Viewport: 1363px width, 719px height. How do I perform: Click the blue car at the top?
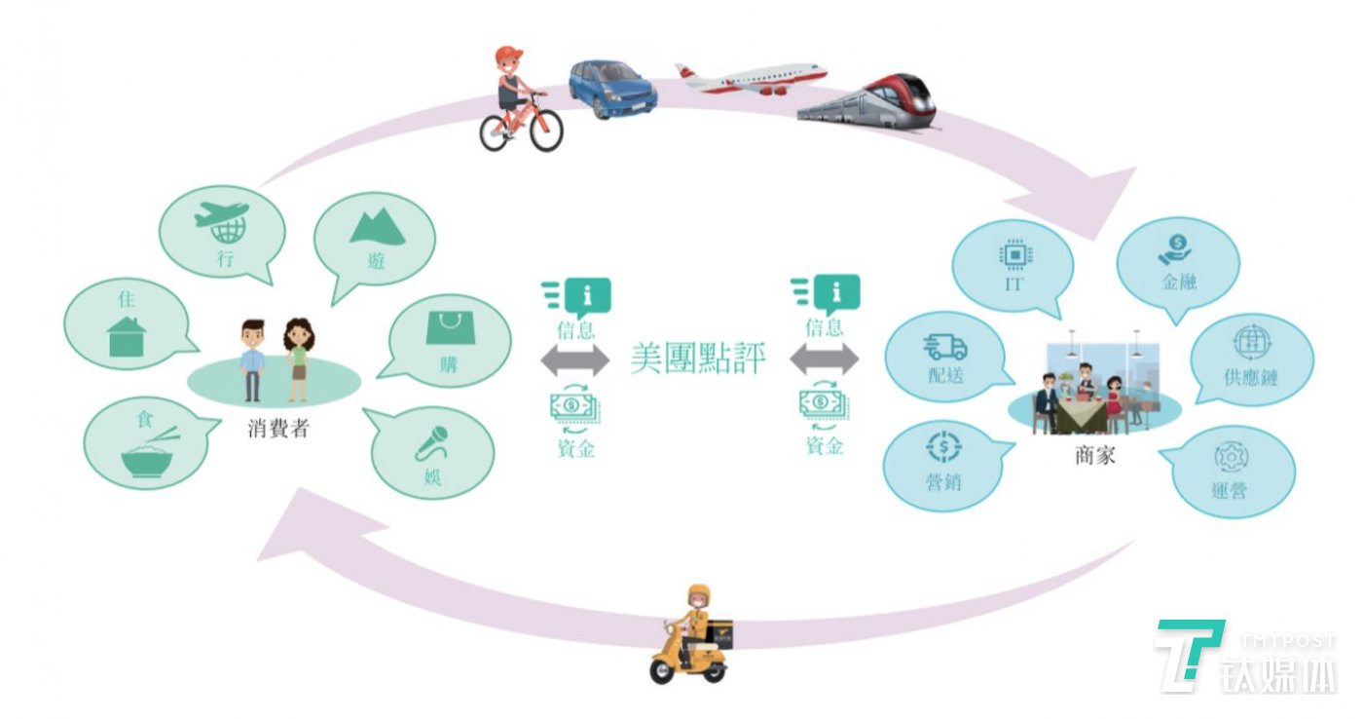pyautogui.click(x=612, y=89)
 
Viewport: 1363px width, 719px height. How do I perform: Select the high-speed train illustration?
pyautogui.click(x=868, y=99)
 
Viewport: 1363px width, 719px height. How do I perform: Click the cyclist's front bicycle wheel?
pyautogui.click(x=546, y=131)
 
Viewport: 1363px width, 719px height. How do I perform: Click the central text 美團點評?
pyautogui.click(x=698, y=359)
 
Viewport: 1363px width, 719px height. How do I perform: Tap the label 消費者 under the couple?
pyautogui.click(x=277, y=428)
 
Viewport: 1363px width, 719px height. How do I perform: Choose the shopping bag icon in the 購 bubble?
pyautogui.click(x=448, y=327)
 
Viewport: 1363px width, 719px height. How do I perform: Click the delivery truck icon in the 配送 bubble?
pyautogui.click(x=946, y=347)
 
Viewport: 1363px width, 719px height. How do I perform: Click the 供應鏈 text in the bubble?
pyautogui.click(x=1250, y=376)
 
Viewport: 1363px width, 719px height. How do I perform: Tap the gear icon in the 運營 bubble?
pyautogui.click(x=1231, y=458)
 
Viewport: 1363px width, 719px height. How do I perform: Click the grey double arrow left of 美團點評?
pyautogui.click(x=575, y=360)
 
